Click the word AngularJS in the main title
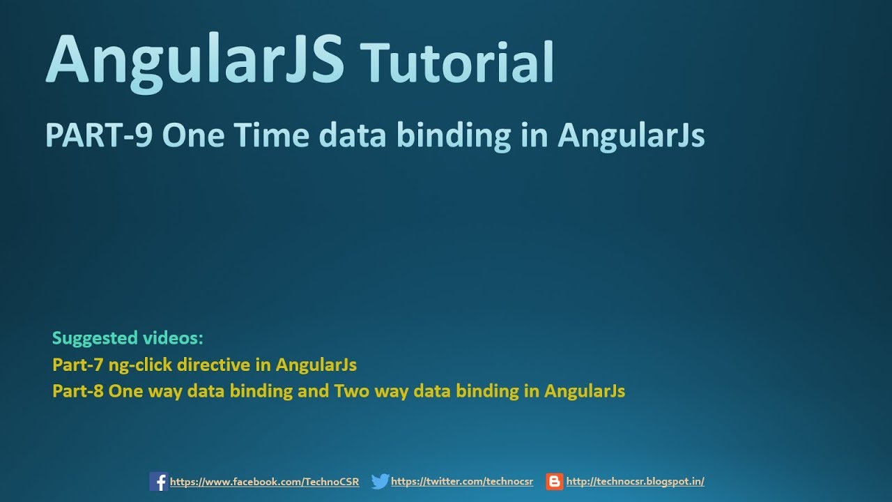pos(195,59)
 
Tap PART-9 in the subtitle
pos(98,135)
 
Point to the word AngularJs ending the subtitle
pos(631,135)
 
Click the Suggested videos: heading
pos(128,338)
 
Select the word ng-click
pos(139,365)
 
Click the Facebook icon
pos(158,481)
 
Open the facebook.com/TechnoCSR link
pos(264,482)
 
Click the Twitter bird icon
pos(380,481)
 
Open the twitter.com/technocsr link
pos(461,482)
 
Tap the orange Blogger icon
pos(555,481)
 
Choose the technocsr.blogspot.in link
pos(635,482)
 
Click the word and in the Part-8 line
pos(313,391)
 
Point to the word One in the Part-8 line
pos(125,391)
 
